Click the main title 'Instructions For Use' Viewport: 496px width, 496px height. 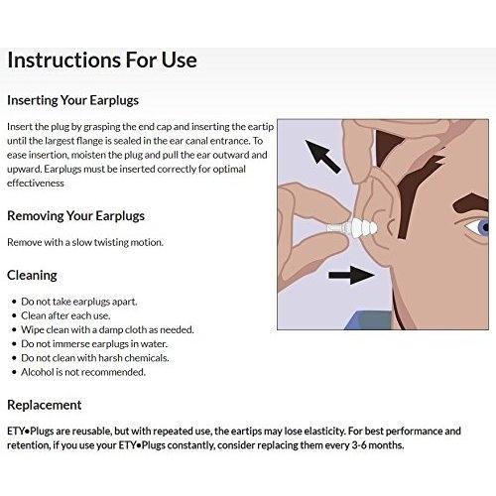coord(102,61)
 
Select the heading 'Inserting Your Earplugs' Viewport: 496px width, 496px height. coord(72,100)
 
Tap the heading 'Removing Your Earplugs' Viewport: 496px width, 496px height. coord(75,216)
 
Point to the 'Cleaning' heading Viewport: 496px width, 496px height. coord(32,276)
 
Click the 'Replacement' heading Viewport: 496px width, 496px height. coord(45,405)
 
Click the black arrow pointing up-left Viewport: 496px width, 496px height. coord(322,157)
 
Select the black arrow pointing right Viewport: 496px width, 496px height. coord(351,275)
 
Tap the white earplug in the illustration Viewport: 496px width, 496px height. coord(352,228)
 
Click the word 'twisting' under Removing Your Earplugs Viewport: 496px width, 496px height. coord(111,242)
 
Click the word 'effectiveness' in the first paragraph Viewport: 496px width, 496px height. coord(36,184)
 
